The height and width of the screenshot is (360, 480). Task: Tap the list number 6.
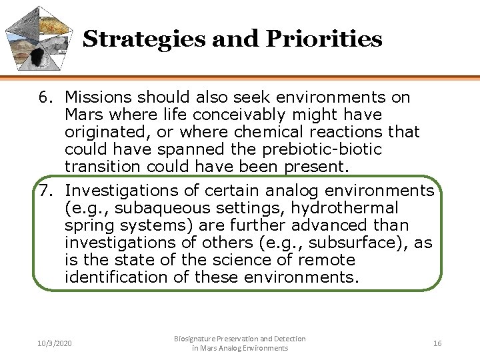(45, 97)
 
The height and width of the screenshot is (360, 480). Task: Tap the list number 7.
(45, 191)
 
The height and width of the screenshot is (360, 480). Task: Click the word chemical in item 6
(261, 132)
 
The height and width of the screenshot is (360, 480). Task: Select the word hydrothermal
(359, 208)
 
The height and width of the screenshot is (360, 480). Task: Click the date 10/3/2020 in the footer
(55, 343)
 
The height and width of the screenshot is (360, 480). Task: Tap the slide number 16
(437, 343)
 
